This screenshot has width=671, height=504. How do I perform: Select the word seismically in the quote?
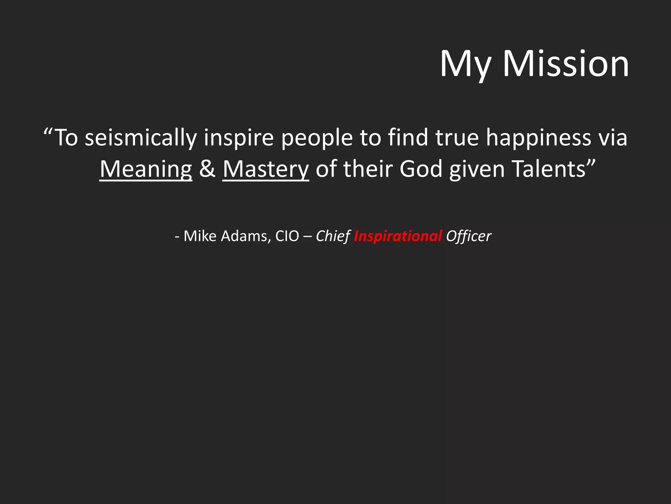point(141,138)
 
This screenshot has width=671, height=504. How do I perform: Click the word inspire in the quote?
point(239,138)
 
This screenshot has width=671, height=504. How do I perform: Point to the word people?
point(317,138)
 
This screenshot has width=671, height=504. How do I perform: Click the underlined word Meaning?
point(146,169)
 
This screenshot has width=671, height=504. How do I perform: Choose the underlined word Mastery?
point(266,169)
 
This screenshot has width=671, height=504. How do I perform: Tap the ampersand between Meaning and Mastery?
point(207,169)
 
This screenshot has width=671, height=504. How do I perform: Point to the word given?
point(477,169)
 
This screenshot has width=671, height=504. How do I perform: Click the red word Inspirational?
point(398,236)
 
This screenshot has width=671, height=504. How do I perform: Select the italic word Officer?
point(469,236)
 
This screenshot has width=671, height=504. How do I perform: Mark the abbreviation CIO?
point(287,236)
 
